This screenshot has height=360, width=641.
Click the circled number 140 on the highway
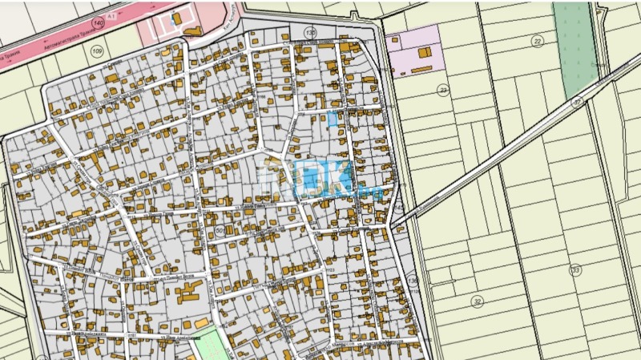click(98, 23)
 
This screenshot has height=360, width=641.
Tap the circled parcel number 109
click(97, 52)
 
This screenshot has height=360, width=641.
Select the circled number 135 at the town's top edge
click(311, 33)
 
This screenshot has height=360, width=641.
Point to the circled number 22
click(537, 41)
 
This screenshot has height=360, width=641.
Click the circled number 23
click(443, 91)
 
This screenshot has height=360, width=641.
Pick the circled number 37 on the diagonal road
click(577, 103)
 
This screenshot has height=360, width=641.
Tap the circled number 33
click(575, 270)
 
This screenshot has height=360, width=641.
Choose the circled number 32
click(478, 301)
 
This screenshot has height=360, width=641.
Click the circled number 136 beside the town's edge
click(413, 281)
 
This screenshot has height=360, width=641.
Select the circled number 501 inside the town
click(221, 231)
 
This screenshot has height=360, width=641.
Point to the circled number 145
click(399, 208)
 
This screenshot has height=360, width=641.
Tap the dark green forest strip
click(577, 40)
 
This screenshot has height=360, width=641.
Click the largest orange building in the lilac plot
click(424, 52)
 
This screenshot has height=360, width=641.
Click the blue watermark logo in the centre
click(308, 178)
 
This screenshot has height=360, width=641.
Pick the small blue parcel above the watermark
click(333, 119)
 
